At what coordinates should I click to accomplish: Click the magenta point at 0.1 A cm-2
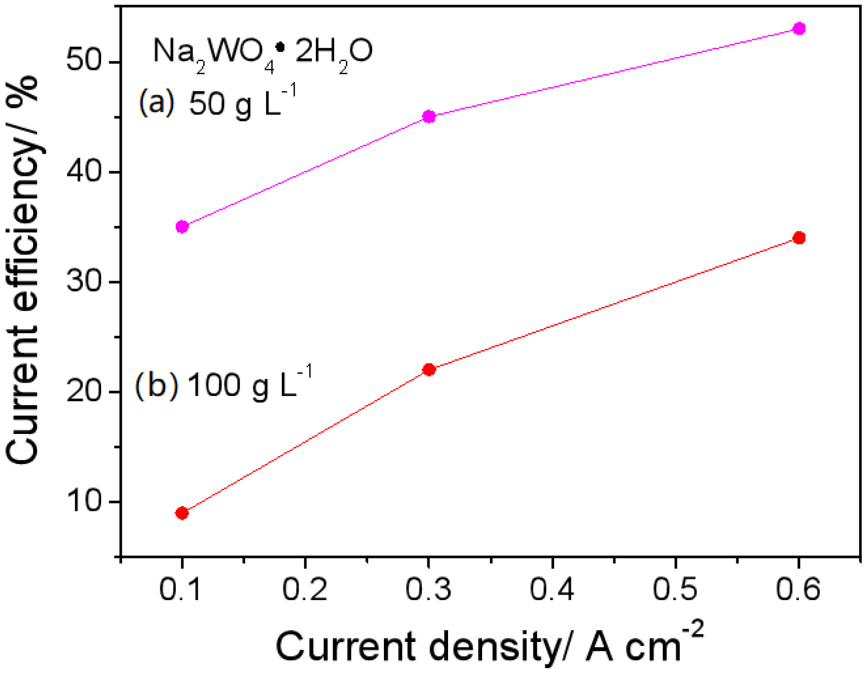pyautogui.click(x=182, y=227)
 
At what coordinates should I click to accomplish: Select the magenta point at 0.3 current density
pyautogui.click(x=429, y=117)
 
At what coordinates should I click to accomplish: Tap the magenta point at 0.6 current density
pyautogui.click(x=799, y=29)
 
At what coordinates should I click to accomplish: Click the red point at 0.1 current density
pyautogui.click(x=182, y=513)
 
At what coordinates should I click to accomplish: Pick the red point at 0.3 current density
pyautogui.click(x=429, y=370)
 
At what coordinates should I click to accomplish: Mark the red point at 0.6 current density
pyautogui.click(x=799, y=238)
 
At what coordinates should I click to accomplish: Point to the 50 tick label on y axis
pyautogui.click(x=87, y=62)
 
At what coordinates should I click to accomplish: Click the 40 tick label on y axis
pyautogui.click(x=87, y=172)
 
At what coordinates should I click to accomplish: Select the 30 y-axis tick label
pyautogui.click(x=87, y=282)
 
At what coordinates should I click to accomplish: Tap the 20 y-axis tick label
pyautogui.click(x=87, y=392)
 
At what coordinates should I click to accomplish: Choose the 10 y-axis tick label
pyautogui.click(x=87, y=502)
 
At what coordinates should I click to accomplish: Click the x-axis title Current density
pyautogui.click(x=489, y=646)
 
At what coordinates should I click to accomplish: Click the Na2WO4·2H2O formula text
pyautogui.click(x=263, y=52)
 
